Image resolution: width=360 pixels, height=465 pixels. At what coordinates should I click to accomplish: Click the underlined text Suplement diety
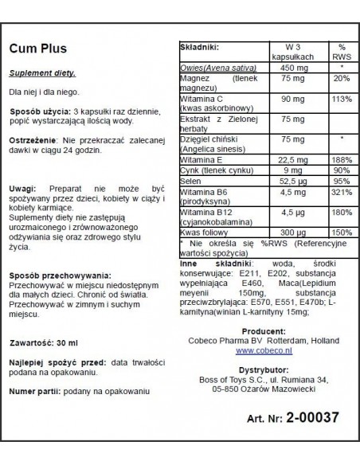click(x=42, y=73)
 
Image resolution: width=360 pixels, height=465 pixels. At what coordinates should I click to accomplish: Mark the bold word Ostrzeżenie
click(x=33, y=139)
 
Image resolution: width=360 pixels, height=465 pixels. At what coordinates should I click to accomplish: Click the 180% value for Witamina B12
click(x=340, y=213)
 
